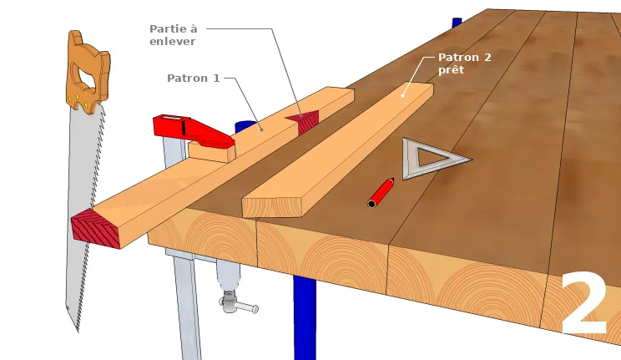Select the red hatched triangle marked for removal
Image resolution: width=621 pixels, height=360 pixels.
305,120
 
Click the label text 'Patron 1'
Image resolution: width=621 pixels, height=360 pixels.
193,79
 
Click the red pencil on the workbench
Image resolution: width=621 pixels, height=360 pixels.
381,192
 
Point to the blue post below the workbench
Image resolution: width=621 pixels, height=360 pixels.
305,317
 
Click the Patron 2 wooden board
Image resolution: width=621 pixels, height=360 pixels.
334,159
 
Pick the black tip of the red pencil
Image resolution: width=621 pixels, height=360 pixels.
372,203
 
